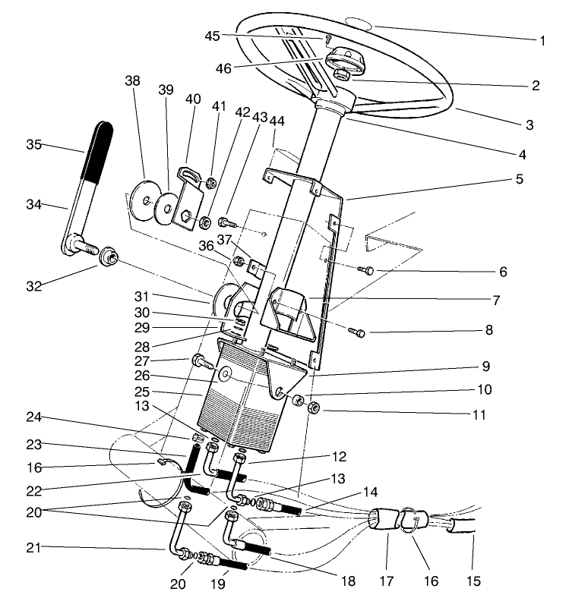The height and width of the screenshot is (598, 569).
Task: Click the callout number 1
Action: [x=542, y=40]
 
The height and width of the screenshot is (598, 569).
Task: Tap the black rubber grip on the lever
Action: [x=99, y=151]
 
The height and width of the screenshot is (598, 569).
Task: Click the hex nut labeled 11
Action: [x=313, y=408]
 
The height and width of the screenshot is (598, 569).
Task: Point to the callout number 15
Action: [x=473, y=582]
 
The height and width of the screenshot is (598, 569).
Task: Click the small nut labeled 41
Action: [x=212, y=182]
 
